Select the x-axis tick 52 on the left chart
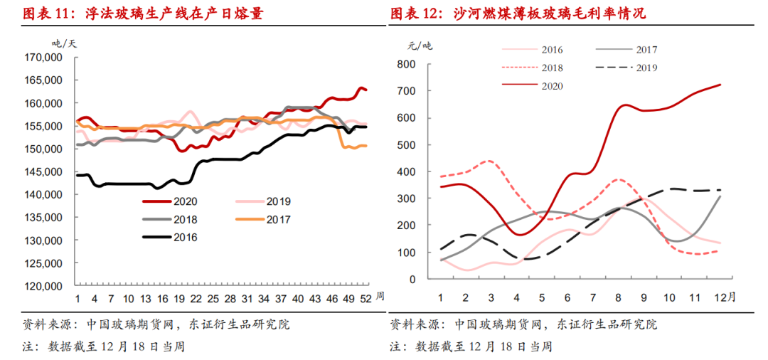363,298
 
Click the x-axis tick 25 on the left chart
210,298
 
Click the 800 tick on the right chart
406,64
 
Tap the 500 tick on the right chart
406,145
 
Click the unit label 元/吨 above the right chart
420,46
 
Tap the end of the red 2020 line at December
720,85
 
